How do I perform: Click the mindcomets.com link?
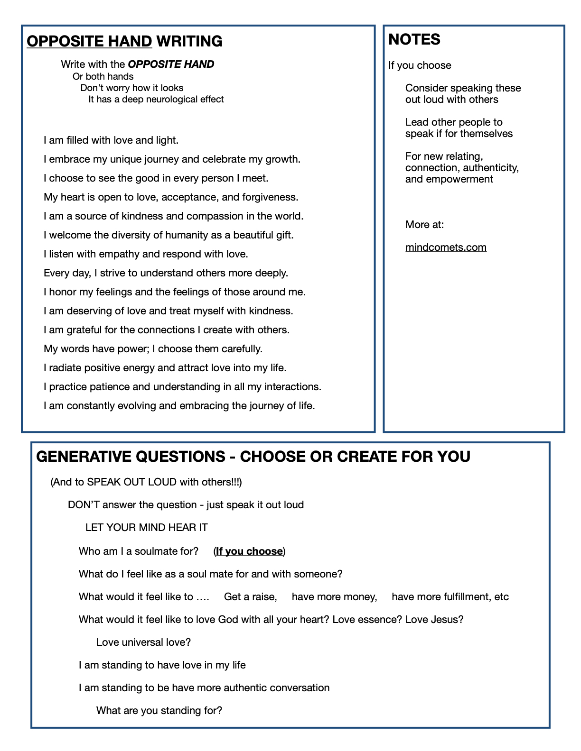(446, 247)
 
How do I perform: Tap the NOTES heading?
(414, 40)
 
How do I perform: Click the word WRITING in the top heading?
(189, 42)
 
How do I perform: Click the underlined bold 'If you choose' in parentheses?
(249, 551)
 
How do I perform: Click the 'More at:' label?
(424, 225)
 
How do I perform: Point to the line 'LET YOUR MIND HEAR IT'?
(146, 528)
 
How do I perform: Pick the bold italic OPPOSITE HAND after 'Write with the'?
(171, 64)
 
